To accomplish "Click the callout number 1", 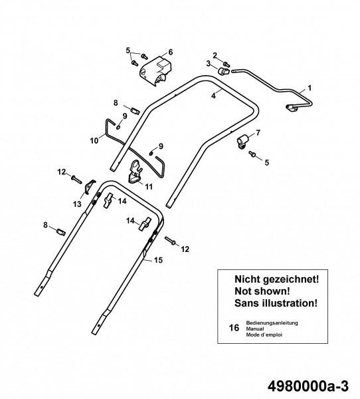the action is coord(309,88).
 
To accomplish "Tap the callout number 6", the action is coord(171,52).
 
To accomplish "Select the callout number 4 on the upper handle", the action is coord(214,96).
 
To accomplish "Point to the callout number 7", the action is coord(258,132).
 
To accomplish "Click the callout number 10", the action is coord(94,140).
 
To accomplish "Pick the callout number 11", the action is coord(149,187).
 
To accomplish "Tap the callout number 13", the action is coord(77,203).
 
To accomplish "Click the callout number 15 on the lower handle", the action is coord(158,260).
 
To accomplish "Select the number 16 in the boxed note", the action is coord(234,328).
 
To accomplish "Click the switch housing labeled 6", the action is coord(155,70).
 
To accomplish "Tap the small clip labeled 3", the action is coord(223,71).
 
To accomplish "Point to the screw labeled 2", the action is coord(226,64).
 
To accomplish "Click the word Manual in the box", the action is coord(255,329).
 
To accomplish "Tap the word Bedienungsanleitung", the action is coord(272,323).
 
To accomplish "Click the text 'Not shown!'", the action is coord(262,291).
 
